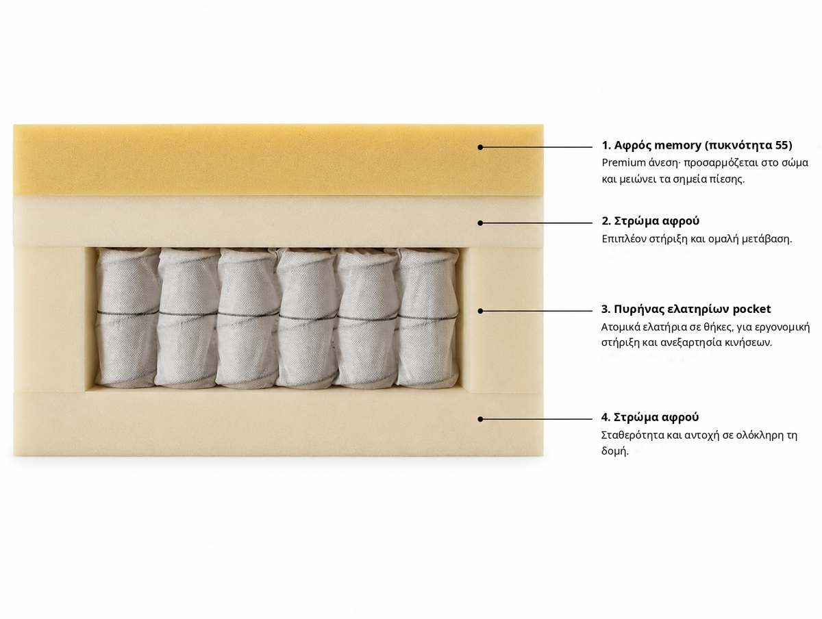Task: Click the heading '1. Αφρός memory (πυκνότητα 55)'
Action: pos(697,145)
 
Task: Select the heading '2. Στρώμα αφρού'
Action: pos(651,220)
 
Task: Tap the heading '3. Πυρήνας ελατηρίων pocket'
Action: pos(686,309)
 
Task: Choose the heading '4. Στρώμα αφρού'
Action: pos(650,417)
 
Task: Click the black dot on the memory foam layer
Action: pos(480,147)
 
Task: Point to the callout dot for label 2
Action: pos(480,223)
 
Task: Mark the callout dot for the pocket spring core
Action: pos(480,312)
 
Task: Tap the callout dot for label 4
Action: pos(480,419)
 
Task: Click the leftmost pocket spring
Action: pos(127,317)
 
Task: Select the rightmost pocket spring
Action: pos(427,317)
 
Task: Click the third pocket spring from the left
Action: pos(247,317)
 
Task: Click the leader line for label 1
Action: pos(536,147)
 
